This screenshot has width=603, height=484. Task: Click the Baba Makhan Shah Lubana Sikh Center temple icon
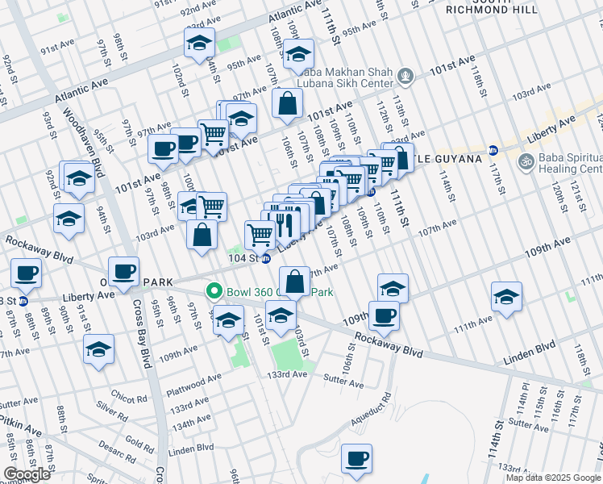click(x=405, y=77)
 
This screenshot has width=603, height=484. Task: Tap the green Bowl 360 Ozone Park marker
click(x=214, y=291)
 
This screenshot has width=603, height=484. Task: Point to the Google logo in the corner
click(x=27, y=474)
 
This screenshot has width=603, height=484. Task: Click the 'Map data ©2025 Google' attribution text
click(x=553, y=478)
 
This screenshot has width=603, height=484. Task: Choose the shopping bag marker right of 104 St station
click(x=296, y=282)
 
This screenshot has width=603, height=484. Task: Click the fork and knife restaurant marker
click(x=282, y=223)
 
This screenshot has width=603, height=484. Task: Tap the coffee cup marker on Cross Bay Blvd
click(x=123, y=272)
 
